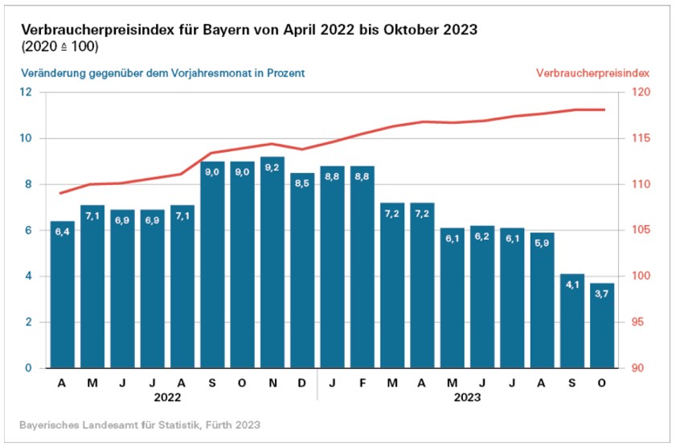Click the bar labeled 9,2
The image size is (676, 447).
point(272,265)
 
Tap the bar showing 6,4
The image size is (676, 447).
point(62,297)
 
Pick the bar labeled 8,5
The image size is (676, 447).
point(302,273)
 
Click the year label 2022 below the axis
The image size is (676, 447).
point(167,396)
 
